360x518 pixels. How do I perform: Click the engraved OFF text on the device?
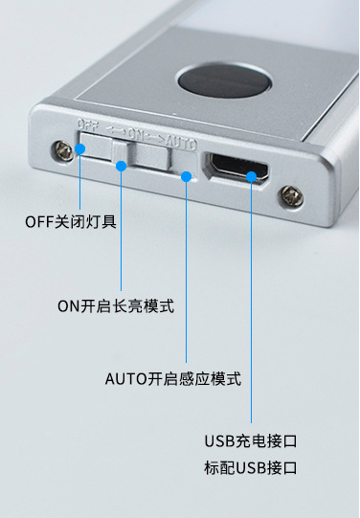[89, 124]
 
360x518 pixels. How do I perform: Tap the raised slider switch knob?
[120, 153]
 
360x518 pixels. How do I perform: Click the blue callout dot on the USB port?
[252, 175]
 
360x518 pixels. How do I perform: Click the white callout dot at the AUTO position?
[187, 176]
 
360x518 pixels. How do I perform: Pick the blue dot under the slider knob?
[122, 167]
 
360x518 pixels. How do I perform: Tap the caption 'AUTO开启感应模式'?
[172, 379]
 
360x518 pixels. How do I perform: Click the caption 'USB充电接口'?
[250, 441]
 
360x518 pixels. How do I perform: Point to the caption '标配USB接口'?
[250, 468]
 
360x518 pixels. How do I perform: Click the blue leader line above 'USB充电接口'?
[252, 306]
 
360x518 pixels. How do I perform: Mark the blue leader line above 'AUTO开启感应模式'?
[187, 278]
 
